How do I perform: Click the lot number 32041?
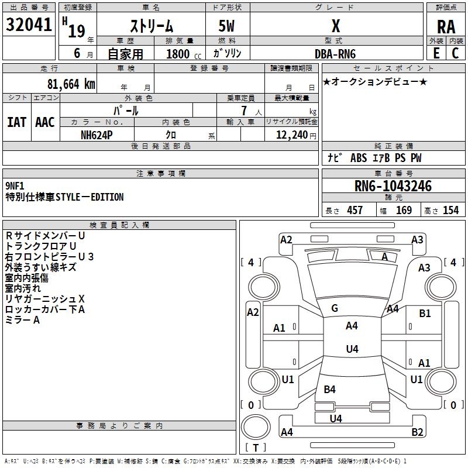(x=29, y=25)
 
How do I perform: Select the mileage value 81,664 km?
(x=71, y=84)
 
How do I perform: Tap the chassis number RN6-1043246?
(x=393, y=186)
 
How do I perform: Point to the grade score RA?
(x=446, y=27)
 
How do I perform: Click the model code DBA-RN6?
(x=335, y=54)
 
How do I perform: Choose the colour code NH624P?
(x=97, y=135)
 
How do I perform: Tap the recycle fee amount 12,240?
(x=291, y=135)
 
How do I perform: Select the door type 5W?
(x=226, y=26)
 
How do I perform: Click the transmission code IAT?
(x=17, y=122)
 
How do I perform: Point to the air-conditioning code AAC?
(x=45, y=122)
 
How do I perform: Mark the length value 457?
(x=355, y=210)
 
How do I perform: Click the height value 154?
(x=450, y=210)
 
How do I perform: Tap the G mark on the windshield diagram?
(x=335, y=308)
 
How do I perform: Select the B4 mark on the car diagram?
(x=329, y=389)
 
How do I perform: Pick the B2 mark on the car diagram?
(x=417, y=432)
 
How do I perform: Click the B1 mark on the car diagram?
(x=425, y=314)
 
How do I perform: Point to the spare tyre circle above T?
(x=256, y=426)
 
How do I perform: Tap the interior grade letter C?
(x=455, y=53)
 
